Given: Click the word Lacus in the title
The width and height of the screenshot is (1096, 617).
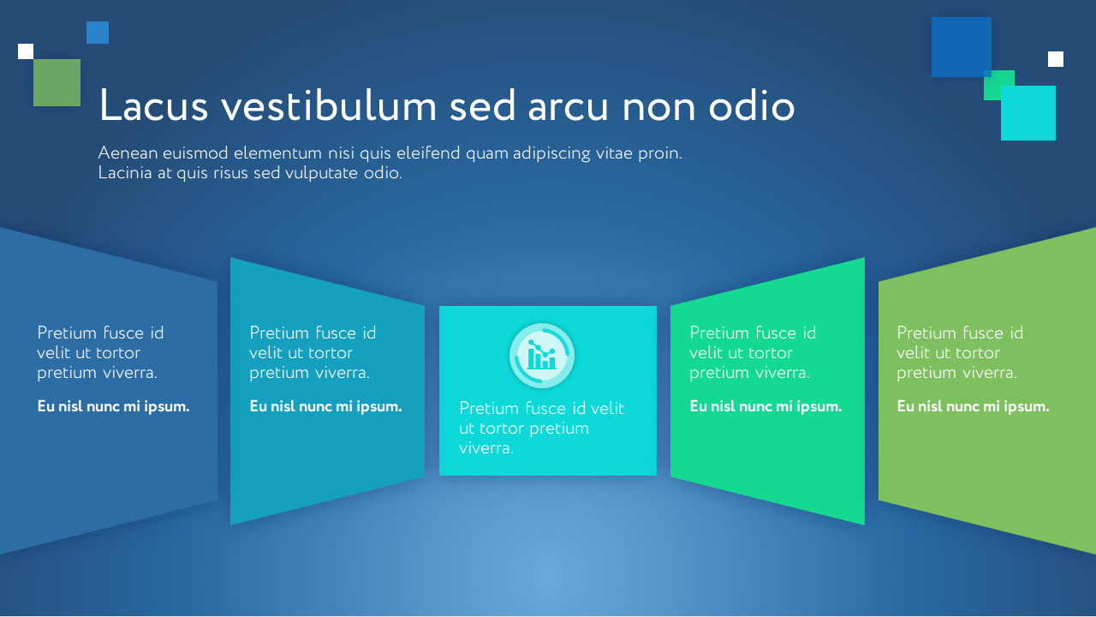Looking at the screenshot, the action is click(153, 105).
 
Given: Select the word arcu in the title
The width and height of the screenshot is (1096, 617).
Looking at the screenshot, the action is click(568, 108).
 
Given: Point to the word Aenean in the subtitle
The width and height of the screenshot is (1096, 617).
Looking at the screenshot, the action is click(128, 153).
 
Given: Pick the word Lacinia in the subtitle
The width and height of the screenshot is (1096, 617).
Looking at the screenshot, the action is click(125, 173).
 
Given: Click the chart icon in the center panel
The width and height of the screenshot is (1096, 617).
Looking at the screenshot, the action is click(541, 356).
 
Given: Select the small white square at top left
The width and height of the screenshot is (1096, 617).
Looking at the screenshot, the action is click(26, 51).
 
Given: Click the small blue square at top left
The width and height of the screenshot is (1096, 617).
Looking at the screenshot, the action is click(98, 33).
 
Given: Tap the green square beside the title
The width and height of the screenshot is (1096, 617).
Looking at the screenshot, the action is click(57, 83).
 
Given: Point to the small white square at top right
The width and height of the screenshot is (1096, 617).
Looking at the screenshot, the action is click(1056, 59).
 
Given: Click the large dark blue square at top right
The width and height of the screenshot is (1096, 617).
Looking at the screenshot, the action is click(961, 47).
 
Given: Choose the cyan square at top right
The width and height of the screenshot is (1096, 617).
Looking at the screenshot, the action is click(1028, 113).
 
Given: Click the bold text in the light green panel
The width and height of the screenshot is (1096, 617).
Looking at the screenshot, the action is click(973, 406).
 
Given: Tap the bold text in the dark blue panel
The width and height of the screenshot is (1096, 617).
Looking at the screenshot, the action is click(114, 406).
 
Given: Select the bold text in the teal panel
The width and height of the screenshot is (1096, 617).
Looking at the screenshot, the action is click(326, 406).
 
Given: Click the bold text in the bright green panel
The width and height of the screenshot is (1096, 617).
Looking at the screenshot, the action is click(765, 406).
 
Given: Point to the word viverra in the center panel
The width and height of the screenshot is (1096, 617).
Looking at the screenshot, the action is click(486, 448).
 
